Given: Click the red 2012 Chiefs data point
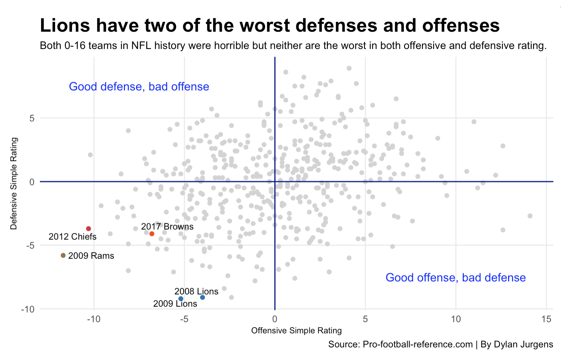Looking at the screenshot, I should [88, 229].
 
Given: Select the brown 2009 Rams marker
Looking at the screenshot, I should [63, 256].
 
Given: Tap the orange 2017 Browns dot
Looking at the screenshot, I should [152, 234].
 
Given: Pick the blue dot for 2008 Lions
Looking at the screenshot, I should [202, 297].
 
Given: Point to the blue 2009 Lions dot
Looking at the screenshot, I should [181, 299].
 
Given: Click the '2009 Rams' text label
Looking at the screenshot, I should [91, 256].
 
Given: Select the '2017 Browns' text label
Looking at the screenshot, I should [167, 227].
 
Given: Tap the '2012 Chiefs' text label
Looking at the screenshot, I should [72, 237].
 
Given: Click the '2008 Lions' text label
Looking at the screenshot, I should [196, 292].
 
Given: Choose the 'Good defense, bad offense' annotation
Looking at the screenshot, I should [139, 87].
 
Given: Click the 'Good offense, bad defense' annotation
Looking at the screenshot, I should [455, 278].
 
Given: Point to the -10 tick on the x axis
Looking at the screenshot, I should [94, 319].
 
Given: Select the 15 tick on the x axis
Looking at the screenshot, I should [546, 319].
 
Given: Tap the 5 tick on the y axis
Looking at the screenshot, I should [32, 118].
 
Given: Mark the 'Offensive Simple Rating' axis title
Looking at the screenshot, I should [296, 331].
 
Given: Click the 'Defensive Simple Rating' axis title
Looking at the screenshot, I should [14, 183].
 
